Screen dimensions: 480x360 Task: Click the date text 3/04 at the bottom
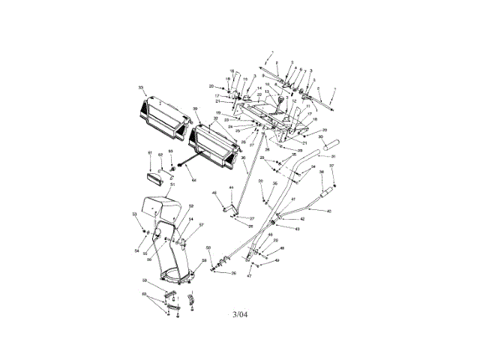click(240, 314)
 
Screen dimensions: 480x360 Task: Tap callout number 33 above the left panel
click(140, 88)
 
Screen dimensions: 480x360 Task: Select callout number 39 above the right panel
click(195, 109)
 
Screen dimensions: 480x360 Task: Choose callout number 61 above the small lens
click(149, 153)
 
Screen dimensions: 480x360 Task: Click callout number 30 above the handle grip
click(320, 137)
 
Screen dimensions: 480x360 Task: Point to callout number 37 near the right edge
click(331, 166)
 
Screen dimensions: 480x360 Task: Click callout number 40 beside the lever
click(328, 211)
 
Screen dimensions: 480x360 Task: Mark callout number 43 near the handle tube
click(297, 228)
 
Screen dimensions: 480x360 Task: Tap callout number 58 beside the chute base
click(204, 260)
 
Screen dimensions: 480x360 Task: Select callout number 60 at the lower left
click(144, 295)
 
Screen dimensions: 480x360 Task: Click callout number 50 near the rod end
click(208, 248)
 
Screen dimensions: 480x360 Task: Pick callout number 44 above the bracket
click(232, 187)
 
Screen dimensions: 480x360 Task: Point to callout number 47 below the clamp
click(250, 276)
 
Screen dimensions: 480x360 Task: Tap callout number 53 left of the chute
click(134, 214)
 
